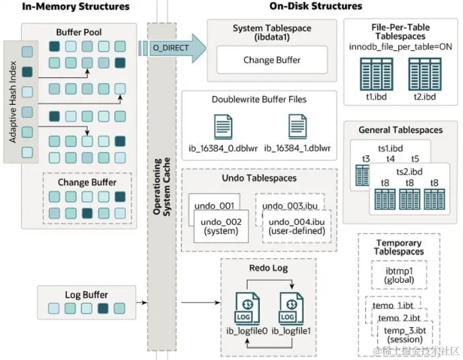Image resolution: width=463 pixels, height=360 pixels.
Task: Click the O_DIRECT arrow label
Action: click(170, 47)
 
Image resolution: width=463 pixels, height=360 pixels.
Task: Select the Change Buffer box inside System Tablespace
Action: click(271, 60)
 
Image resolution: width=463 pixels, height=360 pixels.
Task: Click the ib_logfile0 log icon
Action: click(246, 310)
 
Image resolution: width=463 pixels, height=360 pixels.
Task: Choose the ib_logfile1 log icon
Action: click(287, 310)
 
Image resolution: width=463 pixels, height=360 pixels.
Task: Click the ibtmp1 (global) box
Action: click(399, 275)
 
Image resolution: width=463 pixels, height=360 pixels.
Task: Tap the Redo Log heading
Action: click(269, 268)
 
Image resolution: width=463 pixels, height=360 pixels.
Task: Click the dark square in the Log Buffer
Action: click(103, 308)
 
